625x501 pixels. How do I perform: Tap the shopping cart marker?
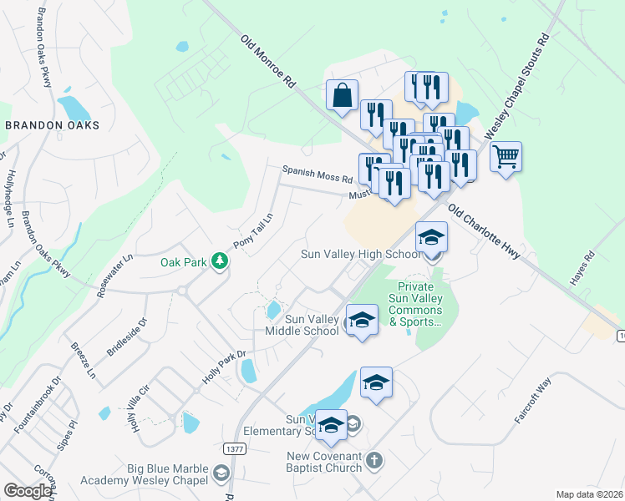coord(506,156)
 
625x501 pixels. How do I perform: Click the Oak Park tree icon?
coord(220,262)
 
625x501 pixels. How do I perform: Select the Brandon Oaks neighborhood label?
coord(53,125)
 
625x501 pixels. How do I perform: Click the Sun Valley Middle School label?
coord(312,325)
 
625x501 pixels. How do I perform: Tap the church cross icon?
coord(373,460)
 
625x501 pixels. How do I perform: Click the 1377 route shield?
coord(235,449)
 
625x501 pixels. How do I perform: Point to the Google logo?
coord(28,491)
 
